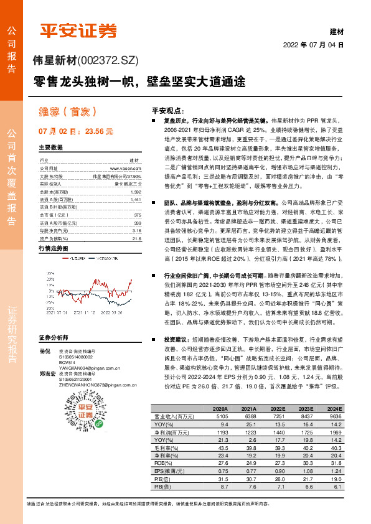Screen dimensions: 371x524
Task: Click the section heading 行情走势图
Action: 52,247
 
